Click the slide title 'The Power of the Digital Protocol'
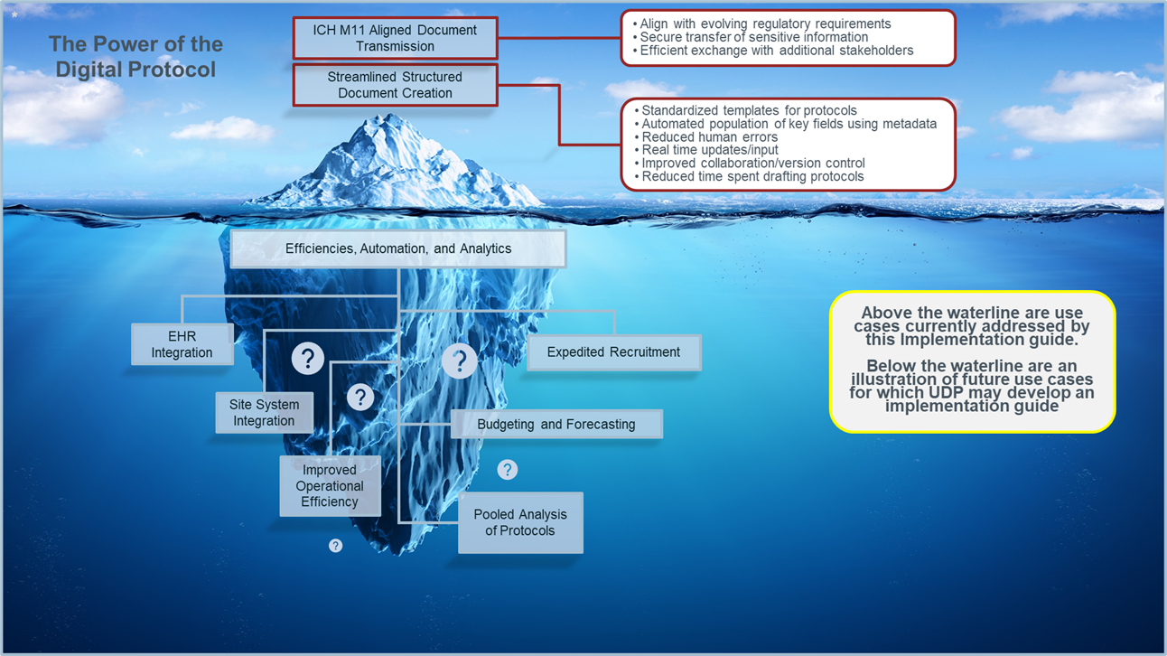pyautogui.click(x=135, y=56)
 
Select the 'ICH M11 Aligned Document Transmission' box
pyautogui.click(x=395, y=38)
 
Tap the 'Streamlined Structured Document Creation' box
pyautogui.click(x=395, y=85)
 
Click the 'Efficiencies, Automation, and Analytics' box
pyautogui.click(x=398, y=248)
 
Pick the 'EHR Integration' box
pyautogui.click(x=182, y=344)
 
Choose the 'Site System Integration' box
pyautogui.click(x=264, y=412)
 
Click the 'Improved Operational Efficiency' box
pyautogui.click(x=330, y=486)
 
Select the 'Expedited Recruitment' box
pyautogui.click(x=613, y=352)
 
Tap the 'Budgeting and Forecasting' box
pyautogui.click(x=556, y=424)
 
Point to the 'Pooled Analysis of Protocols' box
pyautogui.click(x=520, y=522)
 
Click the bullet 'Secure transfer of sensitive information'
pyautogui.click(x=753, y=37)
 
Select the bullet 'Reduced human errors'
pyautogui.click(x=709, y=136)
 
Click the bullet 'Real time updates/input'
pyautogui.click(x=709, y=150)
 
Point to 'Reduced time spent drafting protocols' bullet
pyautogui.click(x=752, y=176)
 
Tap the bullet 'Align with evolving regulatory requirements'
pyautogui.click(x=765, y=23)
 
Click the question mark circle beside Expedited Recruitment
pyautogui.click(x=460, y=361)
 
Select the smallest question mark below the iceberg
pyautogui.click(x=335, y=546)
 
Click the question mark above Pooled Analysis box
pyautogui.click(x=508, y=469)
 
